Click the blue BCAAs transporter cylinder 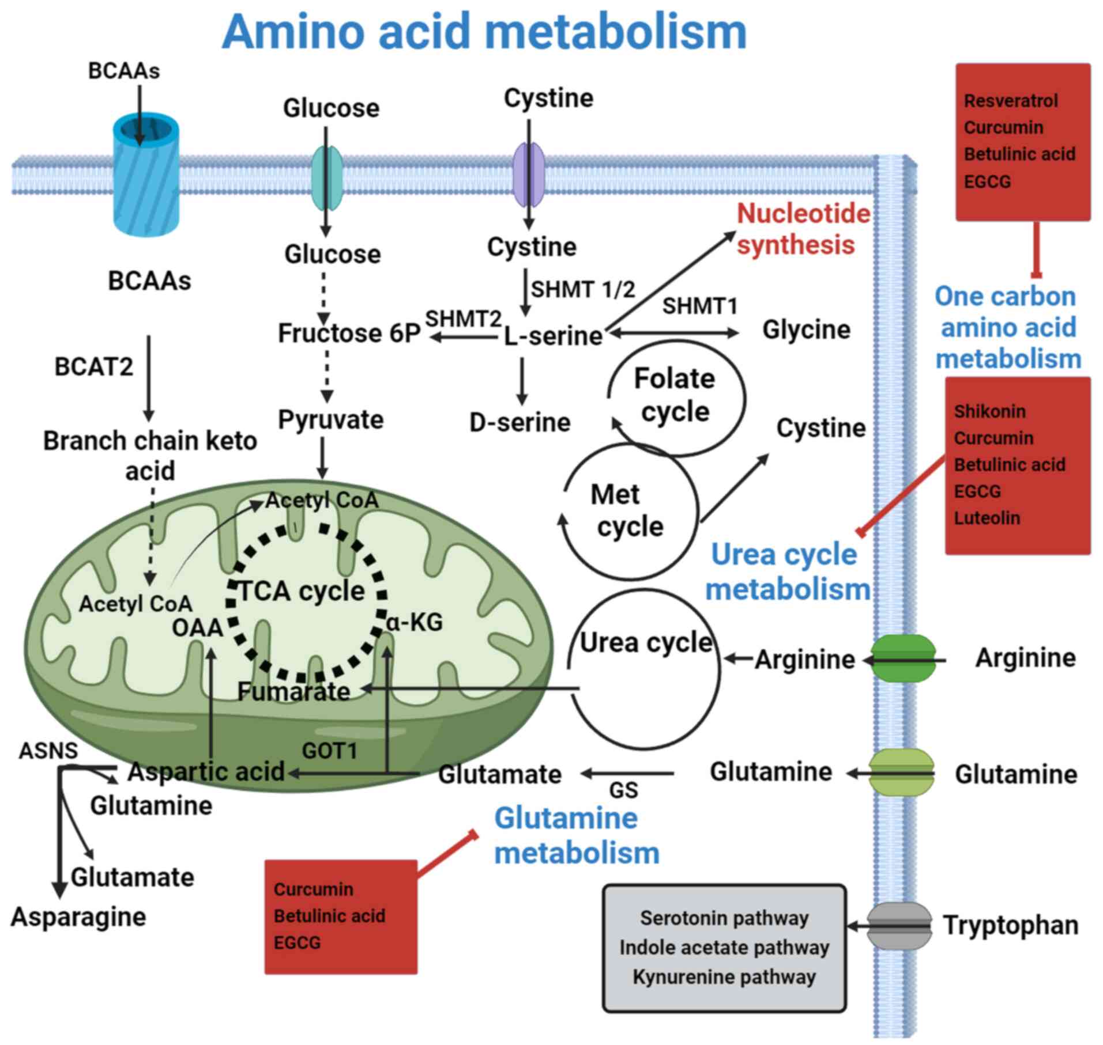pyautogui.click(x=145, y=176)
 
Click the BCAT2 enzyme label pyautogui.click(x=93, y=367)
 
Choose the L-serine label pyautogui.click(x=553, y=336)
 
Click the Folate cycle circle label pyautogui.click(x=675, y=395)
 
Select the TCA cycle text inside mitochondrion pyautogui.click(x=302, y=591)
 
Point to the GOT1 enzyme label pyautogui.click(x=330, y=751)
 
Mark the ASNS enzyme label pyautogui.click(x=48, y=751)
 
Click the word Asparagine pyautogui.click(x=78, y=917)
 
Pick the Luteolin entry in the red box pyautogui.click(x=987, y=518)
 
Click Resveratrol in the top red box pyautogui.click(x=1011, y=101)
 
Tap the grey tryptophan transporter pyautogui.click(x=899, y=926)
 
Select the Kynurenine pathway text pyautogui.click(x=724, y=977)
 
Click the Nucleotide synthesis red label pyautogui.click(x=803, y=229)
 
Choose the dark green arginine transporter pyautogui.click(x=902, y=658)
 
